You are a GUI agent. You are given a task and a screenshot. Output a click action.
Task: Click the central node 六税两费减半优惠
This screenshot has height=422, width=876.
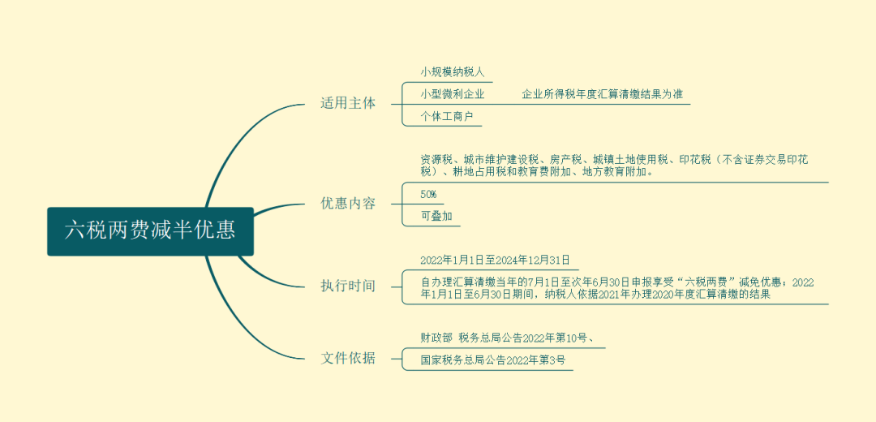click(150, 231)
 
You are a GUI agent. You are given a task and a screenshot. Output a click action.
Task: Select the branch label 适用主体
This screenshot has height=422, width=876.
click(348, 104)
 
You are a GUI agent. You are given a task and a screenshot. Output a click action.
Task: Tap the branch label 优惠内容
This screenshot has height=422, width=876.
click(348, 204)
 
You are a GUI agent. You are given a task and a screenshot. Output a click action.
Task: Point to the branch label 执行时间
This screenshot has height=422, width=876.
click(348, 286)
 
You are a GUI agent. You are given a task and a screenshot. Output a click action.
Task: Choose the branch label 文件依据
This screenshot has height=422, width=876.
click(348, 358)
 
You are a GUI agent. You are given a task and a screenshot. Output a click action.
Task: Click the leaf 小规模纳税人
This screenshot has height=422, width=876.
click(453, 72)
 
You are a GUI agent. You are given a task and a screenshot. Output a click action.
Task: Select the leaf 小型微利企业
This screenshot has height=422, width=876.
click(453, 94)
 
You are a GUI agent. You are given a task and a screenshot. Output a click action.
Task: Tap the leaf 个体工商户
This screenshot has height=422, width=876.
click(447, 116)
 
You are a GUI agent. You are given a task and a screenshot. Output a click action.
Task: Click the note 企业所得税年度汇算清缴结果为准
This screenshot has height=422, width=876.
click(602, 94)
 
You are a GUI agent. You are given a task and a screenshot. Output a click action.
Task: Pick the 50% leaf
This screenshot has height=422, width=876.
click(428, 195)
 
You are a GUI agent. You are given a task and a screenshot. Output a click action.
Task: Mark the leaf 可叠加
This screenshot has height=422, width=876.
click(436, 217)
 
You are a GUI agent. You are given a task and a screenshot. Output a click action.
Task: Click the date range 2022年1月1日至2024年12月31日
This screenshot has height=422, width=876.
click(495, 260)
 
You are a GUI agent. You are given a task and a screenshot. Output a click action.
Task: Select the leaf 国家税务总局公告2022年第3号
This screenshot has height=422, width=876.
click(493, 360)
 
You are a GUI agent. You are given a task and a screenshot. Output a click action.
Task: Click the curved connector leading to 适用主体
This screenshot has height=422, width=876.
click(238, 134)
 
